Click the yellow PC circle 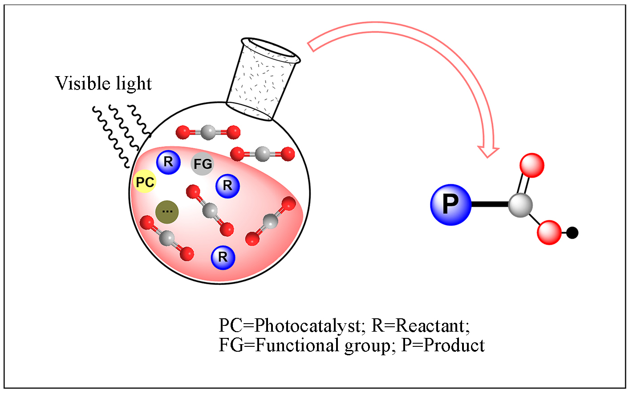[145, 182]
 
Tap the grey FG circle [202, 164]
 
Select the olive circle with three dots [167, 211]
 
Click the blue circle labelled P [450, 204]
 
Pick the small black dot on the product [572, 232]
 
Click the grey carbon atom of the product [520, 205]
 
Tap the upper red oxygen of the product [532, 165]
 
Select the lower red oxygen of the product [549, 232]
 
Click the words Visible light [103, 83]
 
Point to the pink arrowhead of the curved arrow [488, 150]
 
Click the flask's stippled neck [263, 80]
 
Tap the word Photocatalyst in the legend [307, 325]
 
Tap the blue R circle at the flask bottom [223, 257]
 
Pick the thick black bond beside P [490, 205]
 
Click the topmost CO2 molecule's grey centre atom [208, 132]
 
